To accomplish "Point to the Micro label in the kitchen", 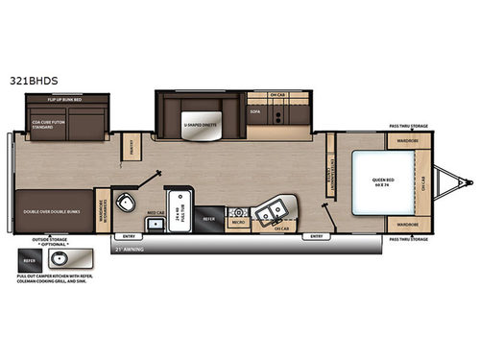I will point(235,223).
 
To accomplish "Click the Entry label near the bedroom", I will point(314,235).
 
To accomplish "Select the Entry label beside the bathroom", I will point(124,235).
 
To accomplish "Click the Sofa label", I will point(253,111).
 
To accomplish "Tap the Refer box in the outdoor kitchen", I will point(29,258).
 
